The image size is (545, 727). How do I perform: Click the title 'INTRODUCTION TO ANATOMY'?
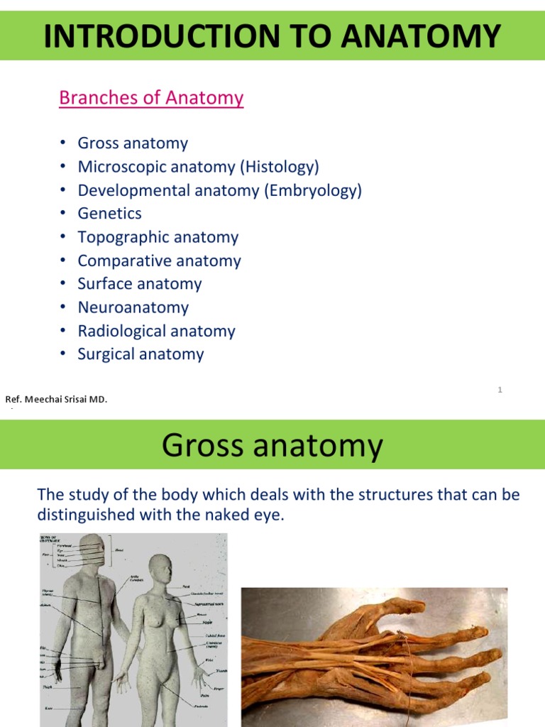(x=272, y=35)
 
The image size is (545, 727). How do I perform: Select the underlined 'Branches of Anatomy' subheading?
(x=151, y=98)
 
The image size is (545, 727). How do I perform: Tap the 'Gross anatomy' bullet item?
(x=133, y=143)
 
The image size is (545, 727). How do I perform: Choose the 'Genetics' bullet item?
(x=110, y=214)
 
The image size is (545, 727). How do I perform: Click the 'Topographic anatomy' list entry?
(x=158, y=237)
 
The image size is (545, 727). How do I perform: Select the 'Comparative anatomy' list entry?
(x=159, y=261)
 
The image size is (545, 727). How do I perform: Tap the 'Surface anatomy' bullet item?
(x=140, y=284)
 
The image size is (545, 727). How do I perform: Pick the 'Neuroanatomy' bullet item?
(x=133, y=307)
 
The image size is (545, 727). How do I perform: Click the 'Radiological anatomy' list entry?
(x=156, y=331)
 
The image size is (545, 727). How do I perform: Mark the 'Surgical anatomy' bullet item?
(x=141, y=354)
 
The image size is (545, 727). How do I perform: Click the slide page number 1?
(x=500, y=390)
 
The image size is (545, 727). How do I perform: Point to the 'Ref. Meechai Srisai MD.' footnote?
(x=57, y=400)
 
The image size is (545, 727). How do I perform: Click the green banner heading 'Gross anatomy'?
(x=272, y=446)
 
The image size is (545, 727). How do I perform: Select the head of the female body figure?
(x=160, y=569)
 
